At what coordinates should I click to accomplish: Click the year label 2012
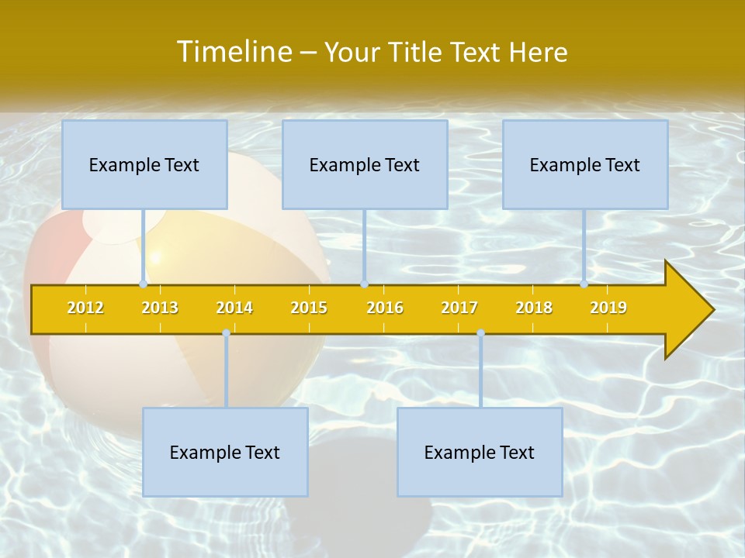85,308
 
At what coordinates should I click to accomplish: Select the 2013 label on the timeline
160,308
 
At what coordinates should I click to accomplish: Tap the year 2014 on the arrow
234,308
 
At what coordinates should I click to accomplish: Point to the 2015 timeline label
309,308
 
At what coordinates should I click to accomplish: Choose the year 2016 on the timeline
385,308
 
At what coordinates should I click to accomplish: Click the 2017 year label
459,308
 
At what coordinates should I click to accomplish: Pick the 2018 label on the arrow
534,308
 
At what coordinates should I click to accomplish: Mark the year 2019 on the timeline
608,308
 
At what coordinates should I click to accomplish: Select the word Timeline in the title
233,52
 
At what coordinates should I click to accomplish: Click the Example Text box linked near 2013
144,164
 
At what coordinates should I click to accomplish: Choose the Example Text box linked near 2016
365,164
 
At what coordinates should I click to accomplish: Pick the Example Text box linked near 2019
585,164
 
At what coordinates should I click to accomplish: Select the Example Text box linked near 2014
225,452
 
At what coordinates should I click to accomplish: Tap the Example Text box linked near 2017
480,452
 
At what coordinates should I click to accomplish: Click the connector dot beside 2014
226,332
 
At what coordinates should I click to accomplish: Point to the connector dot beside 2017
480,332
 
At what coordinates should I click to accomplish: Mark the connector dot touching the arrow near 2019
584,284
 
